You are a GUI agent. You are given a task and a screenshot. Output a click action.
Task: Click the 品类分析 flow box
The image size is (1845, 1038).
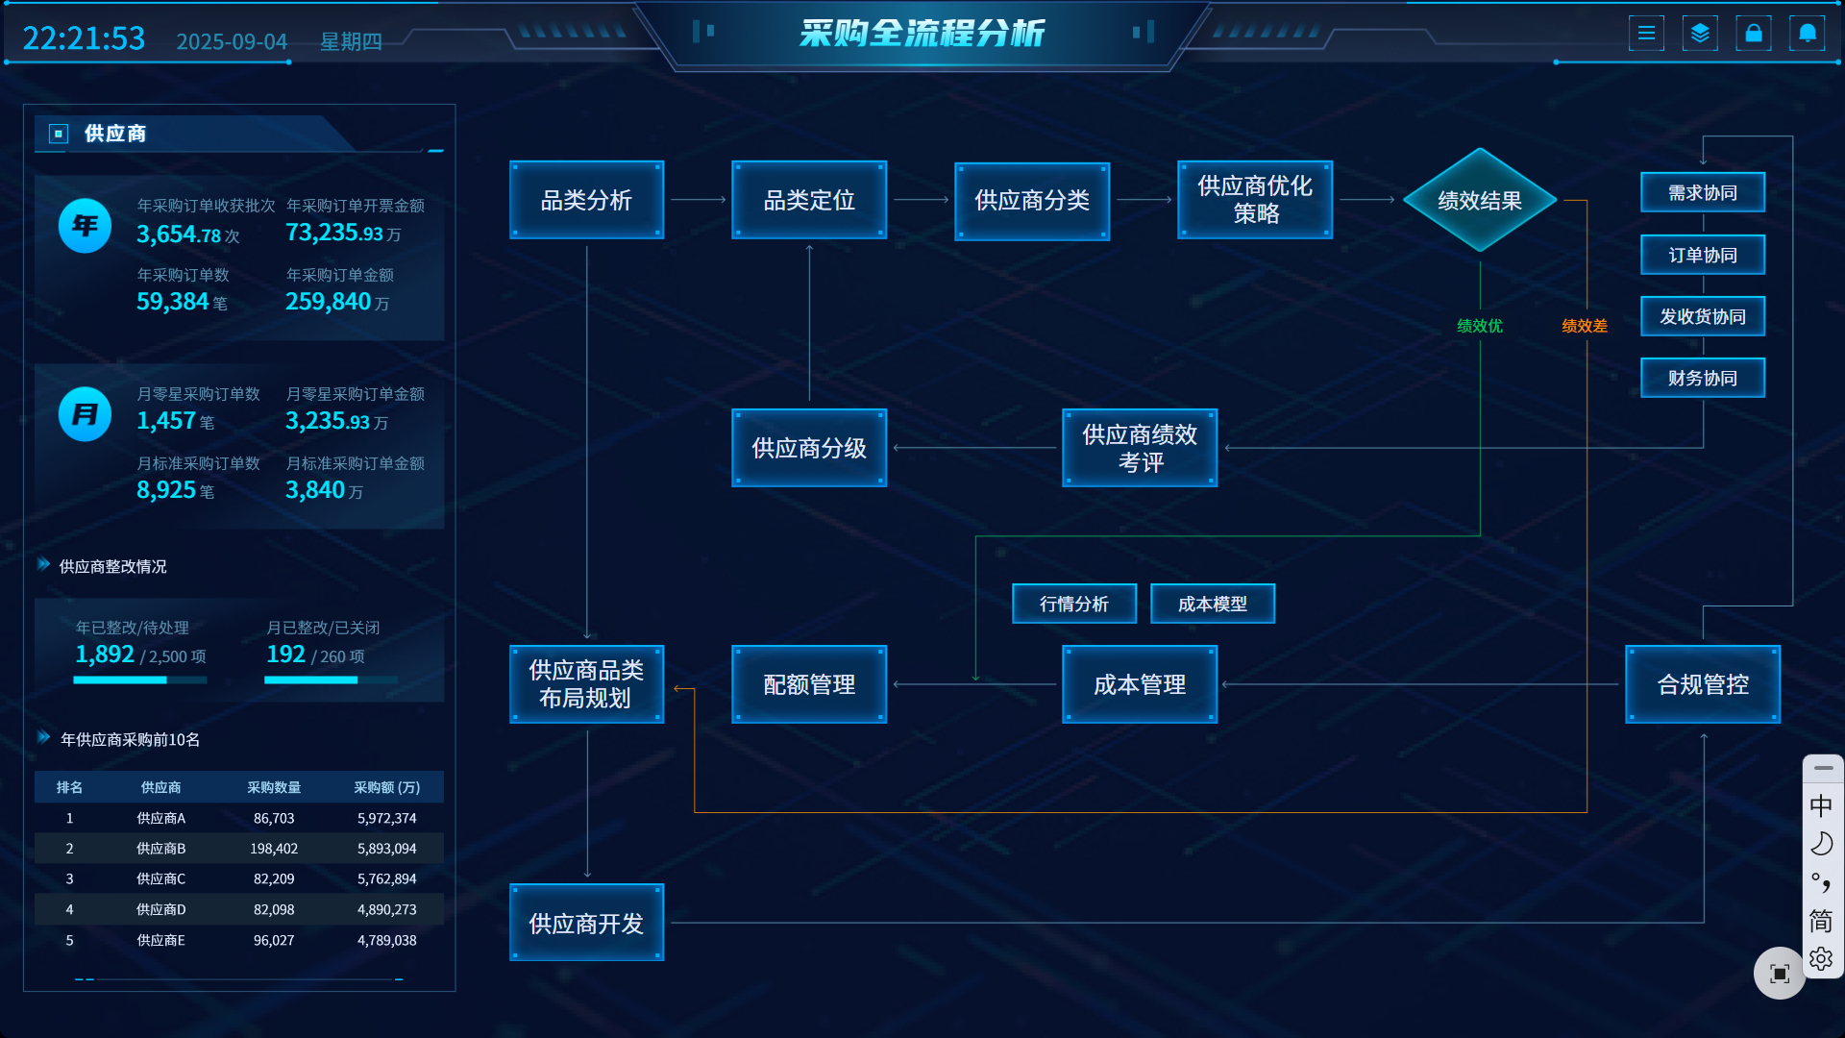pos(586,200)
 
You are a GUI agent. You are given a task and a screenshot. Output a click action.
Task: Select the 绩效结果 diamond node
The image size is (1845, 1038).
pos(1479,200)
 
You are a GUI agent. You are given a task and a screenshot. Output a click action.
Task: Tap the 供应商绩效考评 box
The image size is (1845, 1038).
pos(1140,448)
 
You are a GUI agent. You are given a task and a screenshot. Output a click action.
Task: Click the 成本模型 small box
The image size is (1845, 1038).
pos(1212,604)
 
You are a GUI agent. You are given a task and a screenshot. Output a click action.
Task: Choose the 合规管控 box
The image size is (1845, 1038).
pos(1702,684)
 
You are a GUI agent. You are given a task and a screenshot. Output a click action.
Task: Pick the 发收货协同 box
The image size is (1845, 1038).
pos(1702,316)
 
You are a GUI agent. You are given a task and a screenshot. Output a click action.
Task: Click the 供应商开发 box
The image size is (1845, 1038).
pos(586,923)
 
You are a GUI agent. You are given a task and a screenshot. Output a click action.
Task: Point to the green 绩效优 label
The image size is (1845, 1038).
pos(1479,326)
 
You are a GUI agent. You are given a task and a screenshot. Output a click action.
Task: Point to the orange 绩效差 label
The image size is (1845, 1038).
pos(1584,326)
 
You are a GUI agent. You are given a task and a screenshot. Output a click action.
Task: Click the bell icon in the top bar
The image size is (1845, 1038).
pos(1807,34)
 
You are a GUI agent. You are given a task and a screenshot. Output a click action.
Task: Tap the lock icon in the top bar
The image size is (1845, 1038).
pos(1753,34)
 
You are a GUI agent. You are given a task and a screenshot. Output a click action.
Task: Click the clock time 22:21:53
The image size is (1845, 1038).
pos(84,38)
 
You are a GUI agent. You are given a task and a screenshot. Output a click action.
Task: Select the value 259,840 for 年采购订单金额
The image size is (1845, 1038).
pos(328,302)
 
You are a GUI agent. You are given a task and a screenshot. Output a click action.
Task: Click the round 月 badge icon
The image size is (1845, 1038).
pos(85,414)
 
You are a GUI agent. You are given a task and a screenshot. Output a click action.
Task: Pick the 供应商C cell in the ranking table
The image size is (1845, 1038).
pos(160,878)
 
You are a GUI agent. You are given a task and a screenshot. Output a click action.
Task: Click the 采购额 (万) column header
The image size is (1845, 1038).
pos(386,787)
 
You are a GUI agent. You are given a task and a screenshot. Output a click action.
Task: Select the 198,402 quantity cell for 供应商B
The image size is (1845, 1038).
pos(274,849)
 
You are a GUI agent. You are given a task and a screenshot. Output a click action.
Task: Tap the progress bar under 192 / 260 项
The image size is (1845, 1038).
pos(331,680)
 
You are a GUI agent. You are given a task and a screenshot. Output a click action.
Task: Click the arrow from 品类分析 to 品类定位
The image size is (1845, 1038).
pos(698,200)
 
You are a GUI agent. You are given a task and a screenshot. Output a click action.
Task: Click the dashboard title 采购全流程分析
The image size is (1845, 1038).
pos(922,34)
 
